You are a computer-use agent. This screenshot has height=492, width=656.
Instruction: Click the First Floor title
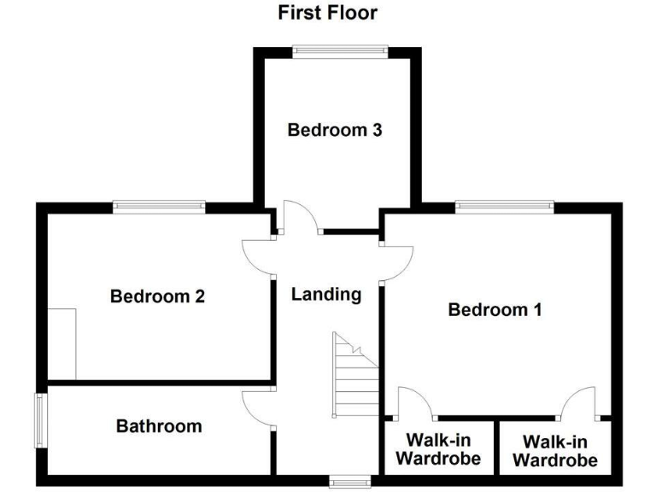pyautogui.click(x=327, y=13)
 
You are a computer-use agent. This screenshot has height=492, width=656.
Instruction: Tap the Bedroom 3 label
pyautogui.click(x=334, y=130)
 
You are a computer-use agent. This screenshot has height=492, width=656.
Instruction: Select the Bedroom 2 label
pyautogui.click(x=157, y=296)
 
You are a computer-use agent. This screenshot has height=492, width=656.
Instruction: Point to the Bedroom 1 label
pyautogui.click(x=495, y=309)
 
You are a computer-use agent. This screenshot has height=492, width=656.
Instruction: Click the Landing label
pyautogui.click(x=326, y=295)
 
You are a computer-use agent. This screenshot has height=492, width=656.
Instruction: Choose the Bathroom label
pyautogui.click(x=159, y=425)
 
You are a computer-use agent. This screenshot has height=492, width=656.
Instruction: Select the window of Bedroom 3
pyautogui.click(x=340, y=52)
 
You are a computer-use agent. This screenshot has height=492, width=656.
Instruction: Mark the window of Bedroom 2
pyautogui.click(x=159, y=206)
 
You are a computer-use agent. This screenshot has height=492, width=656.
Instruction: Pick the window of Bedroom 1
pyautogui.click(x=504, y=206)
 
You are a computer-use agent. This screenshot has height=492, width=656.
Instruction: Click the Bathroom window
pyautogui.click(x=40, y=419)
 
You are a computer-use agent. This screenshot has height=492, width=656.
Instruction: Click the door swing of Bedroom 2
pyautogui.click(x=258, y=256)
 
